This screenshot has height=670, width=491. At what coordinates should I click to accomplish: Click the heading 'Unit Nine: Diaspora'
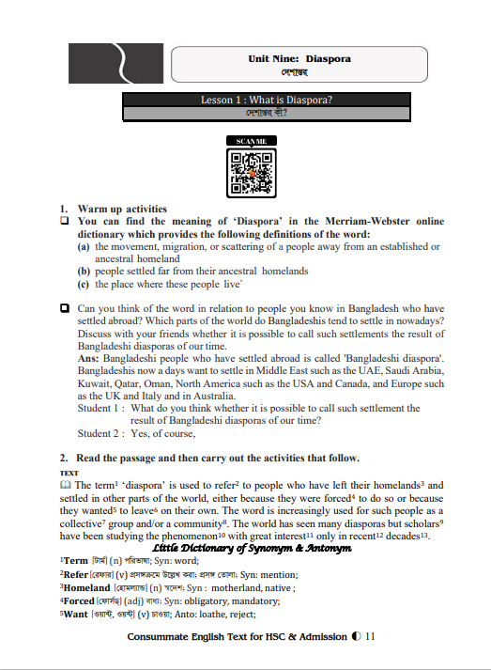(299, 58)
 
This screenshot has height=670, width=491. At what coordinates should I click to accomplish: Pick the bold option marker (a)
(84, 246)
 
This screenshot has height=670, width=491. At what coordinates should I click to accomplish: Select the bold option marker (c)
(84, 283)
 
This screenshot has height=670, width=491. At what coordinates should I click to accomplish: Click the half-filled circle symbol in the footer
(357, 637)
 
